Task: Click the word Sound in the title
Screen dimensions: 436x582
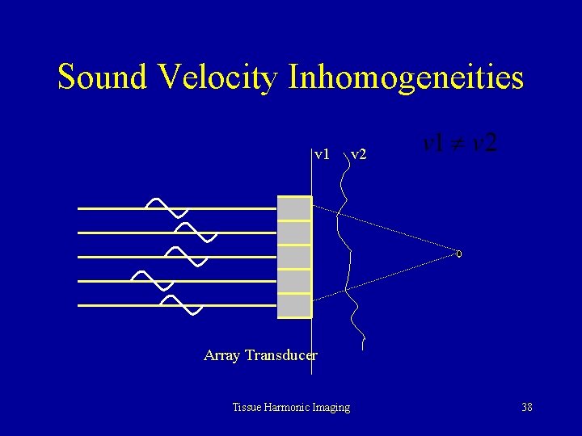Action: [x=103, y=78]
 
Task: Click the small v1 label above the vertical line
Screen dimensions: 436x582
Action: [x=322, y=153]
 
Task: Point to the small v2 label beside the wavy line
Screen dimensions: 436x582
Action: [x=358, y=153]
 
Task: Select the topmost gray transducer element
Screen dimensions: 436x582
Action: [x=294, y=208]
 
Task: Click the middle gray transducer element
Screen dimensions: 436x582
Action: [x=294, y=257]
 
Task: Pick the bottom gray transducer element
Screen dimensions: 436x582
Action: [x=294, y=306]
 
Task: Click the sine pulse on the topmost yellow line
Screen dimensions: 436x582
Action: [x=166, y=208]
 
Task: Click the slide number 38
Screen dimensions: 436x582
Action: [x=527, y=407]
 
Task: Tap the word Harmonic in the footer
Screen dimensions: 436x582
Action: [x=291, y=407]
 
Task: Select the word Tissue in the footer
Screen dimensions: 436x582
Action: [x=247, y=407]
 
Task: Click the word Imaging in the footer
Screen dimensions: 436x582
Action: [x=333, y=408]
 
